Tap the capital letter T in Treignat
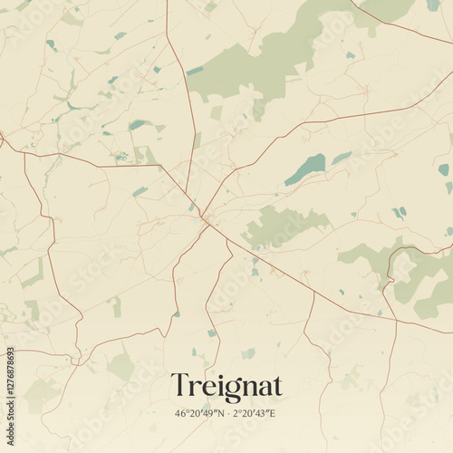pyautogui.click(x=178, y=386)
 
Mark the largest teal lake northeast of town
pyautogui.click(x=306, y=169)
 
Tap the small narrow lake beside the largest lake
pyautogui.click(x=341, y=158)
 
